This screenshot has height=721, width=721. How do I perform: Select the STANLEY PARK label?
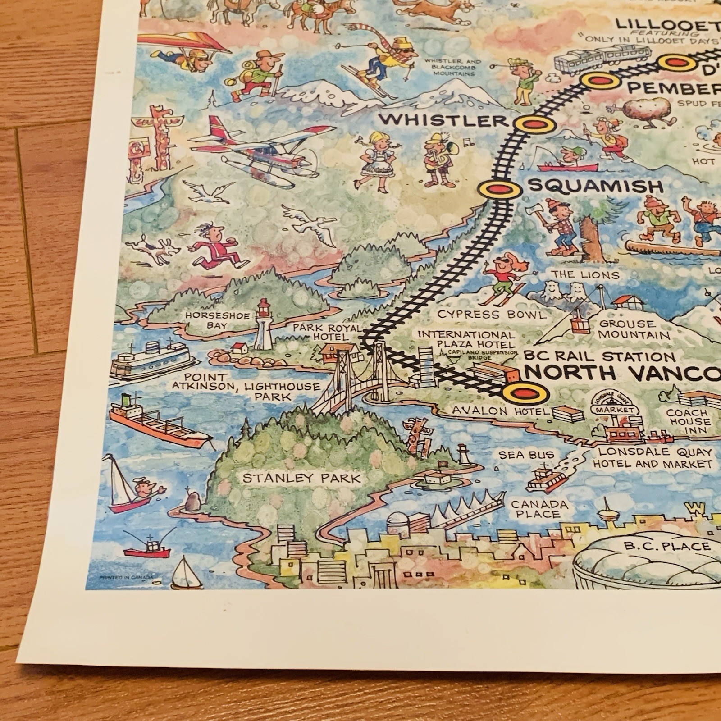[x=302, y=478]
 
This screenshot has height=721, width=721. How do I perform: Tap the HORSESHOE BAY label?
[x=217, y=320]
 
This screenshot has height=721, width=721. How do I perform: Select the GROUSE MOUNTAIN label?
[x=634, y=329]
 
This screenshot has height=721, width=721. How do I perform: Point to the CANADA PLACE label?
[x=540, y=509]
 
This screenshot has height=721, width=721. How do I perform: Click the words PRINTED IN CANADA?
[x=126, y=576]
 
